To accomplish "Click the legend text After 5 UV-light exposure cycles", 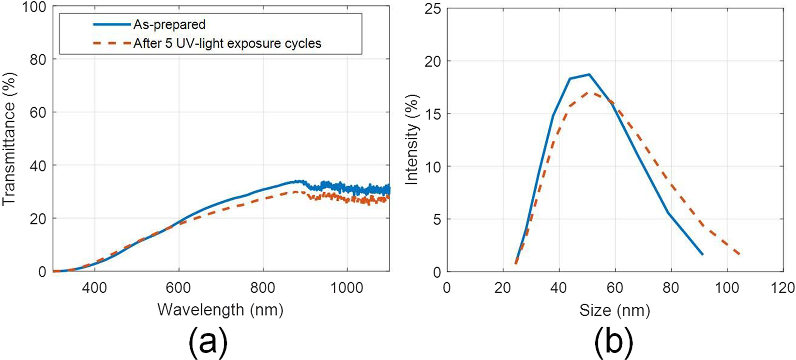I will pos(227,44).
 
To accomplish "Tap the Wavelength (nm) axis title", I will pos(220,310).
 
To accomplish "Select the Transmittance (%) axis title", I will pos(11,139).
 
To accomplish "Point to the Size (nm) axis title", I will pos(615,310).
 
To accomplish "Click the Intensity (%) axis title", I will pos(412,139).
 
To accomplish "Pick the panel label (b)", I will pos(614,342).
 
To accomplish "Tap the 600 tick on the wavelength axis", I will pos(179,287).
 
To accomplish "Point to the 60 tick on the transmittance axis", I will pos(37,113).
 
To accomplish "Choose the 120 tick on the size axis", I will pos(781,288).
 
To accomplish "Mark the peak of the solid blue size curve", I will pos(589,75).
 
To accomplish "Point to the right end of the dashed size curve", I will pos(739,254).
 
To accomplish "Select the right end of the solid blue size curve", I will pos(702,254).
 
